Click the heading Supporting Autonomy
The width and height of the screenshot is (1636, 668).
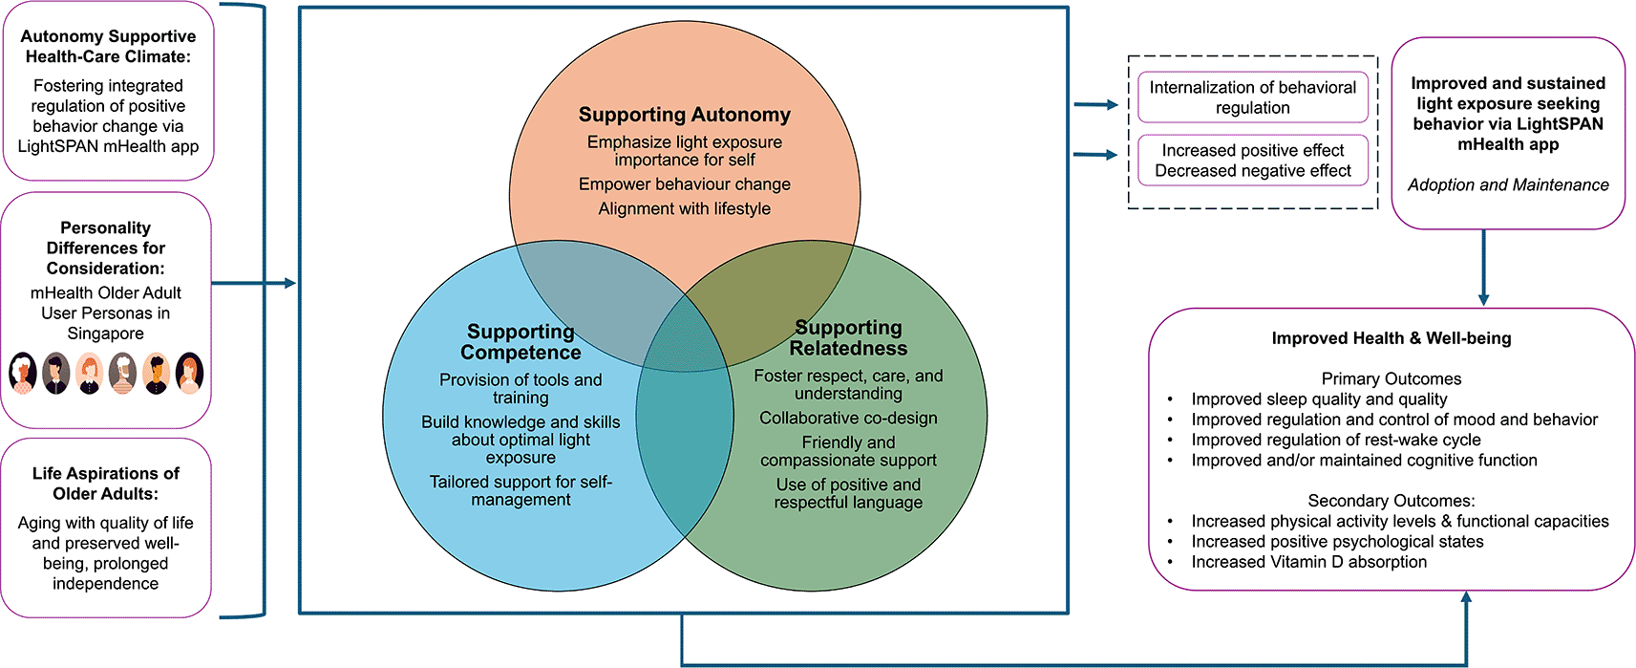(684, 115)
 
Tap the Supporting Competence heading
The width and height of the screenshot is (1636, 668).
(521, 342)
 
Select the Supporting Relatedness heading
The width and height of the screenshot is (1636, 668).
(848, 338)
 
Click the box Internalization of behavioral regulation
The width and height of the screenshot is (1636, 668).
(1252, 97)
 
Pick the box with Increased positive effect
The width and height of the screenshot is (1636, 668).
(1252, 161)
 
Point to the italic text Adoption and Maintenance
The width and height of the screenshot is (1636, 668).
(1507, 185)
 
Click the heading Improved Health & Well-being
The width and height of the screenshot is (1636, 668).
(1391, 338)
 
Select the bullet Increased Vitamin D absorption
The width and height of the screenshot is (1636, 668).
(1308, 562)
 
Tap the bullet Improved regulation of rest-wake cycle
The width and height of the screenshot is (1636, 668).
(1335, 440)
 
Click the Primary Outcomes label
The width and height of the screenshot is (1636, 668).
(1391, 378)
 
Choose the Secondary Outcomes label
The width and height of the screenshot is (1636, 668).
(1391, 501)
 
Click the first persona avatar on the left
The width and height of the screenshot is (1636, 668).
(23, 373)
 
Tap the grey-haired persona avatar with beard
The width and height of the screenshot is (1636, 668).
(122, 373)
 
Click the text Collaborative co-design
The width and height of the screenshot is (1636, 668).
(848, 419)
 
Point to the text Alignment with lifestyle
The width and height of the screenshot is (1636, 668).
(684, 208)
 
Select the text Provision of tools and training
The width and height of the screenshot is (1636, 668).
(521, 388)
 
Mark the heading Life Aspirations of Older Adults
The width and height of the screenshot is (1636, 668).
(105, 484)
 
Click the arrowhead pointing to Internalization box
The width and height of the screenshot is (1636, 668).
(1112, 105)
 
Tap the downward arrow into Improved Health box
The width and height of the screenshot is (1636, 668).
(1483, 298)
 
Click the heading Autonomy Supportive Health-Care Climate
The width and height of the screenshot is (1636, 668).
(108, 47)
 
